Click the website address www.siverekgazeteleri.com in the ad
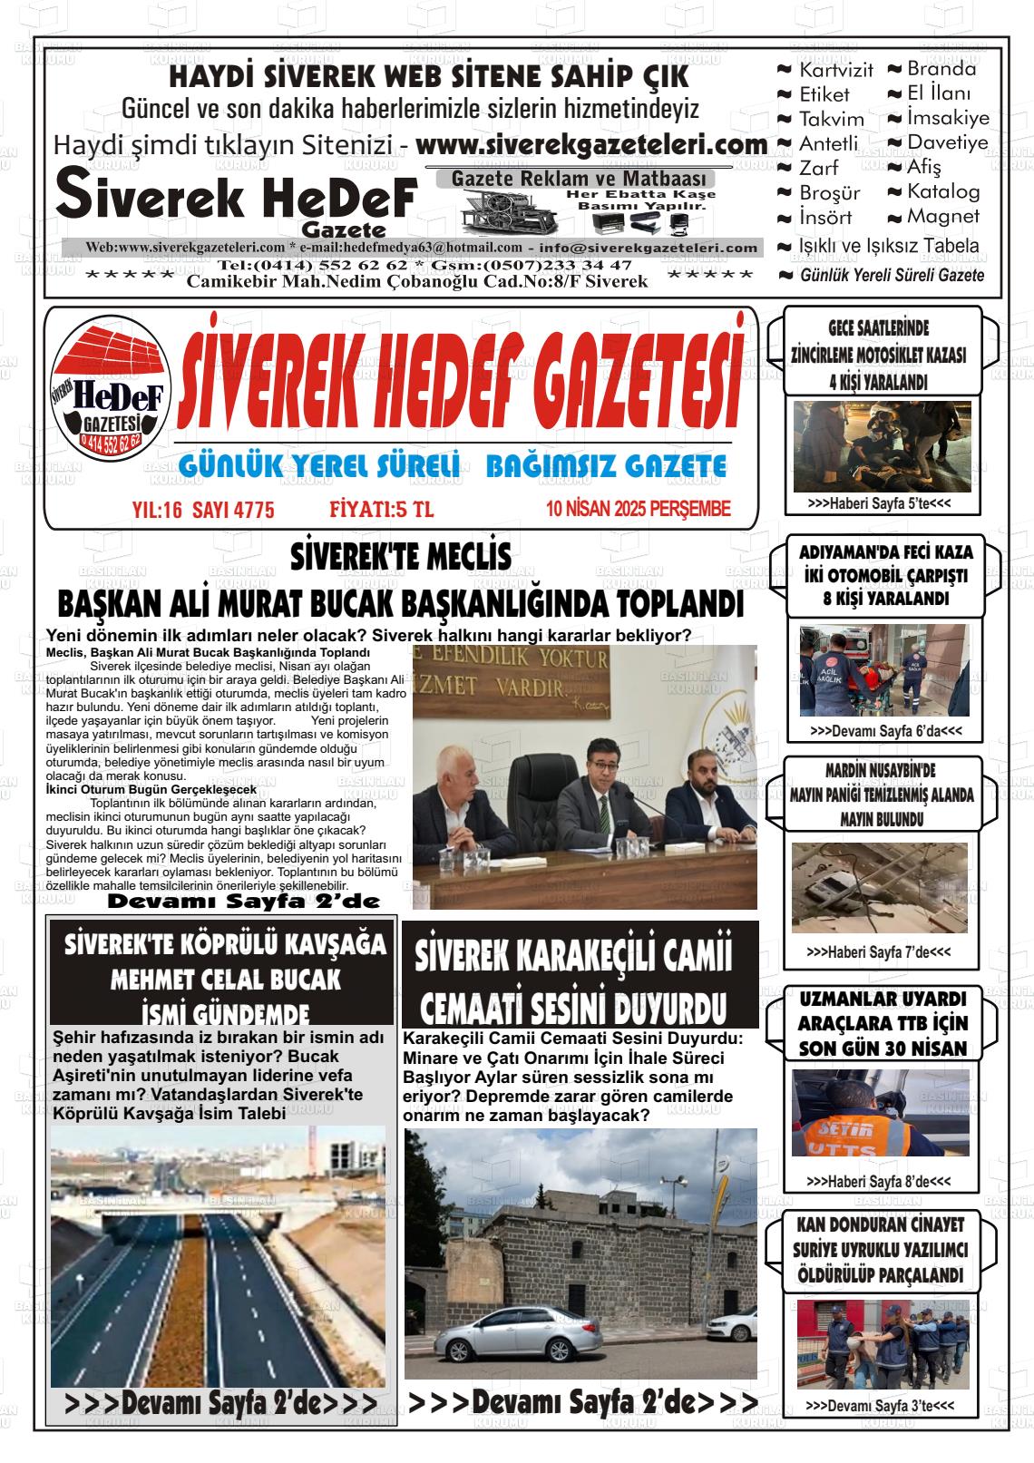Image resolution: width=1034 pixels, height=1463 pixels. [591, 145]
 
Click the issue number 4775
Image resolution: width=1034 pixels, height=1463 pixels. [254, 510]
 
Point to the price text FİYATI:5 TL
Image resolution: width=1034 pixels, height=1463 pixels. [382, 510]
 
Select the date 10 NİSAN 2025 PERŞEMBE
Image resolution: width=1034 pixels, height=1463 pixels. [638, 510]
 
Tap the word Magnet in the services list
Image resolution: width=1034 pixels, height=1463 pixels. [943, 217]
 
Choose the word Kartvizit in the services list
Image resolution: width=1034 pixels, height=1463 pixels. [835, 70]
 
